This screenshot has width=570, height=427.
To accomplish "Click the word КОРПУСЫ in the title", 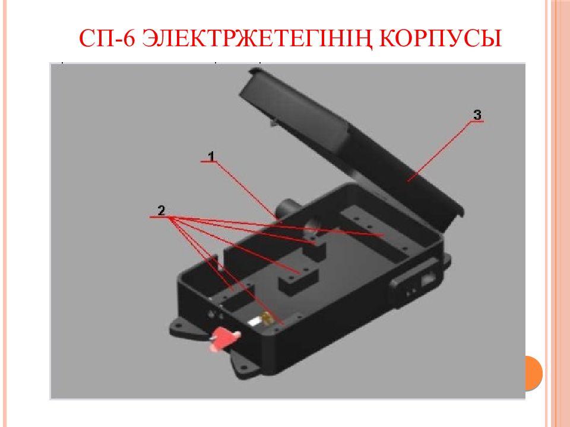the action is tap(441, 38).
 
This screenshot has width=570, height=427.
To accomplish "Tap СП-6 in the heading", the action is tap(107, 38).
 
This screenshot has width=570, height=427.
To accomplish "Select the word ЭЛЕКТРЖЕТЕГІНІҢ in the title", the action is tap(257, 39).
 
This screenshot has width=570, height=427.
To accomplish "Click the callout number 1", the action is tap(211, 156).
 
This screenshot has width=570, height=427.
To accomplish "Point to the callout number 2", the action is tap(161, 210).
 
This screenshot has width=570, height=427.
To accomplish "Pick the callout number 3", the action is tap(477, 114).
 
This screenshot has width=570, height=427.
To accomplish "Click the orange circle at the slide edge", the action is tap(534, 373).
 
